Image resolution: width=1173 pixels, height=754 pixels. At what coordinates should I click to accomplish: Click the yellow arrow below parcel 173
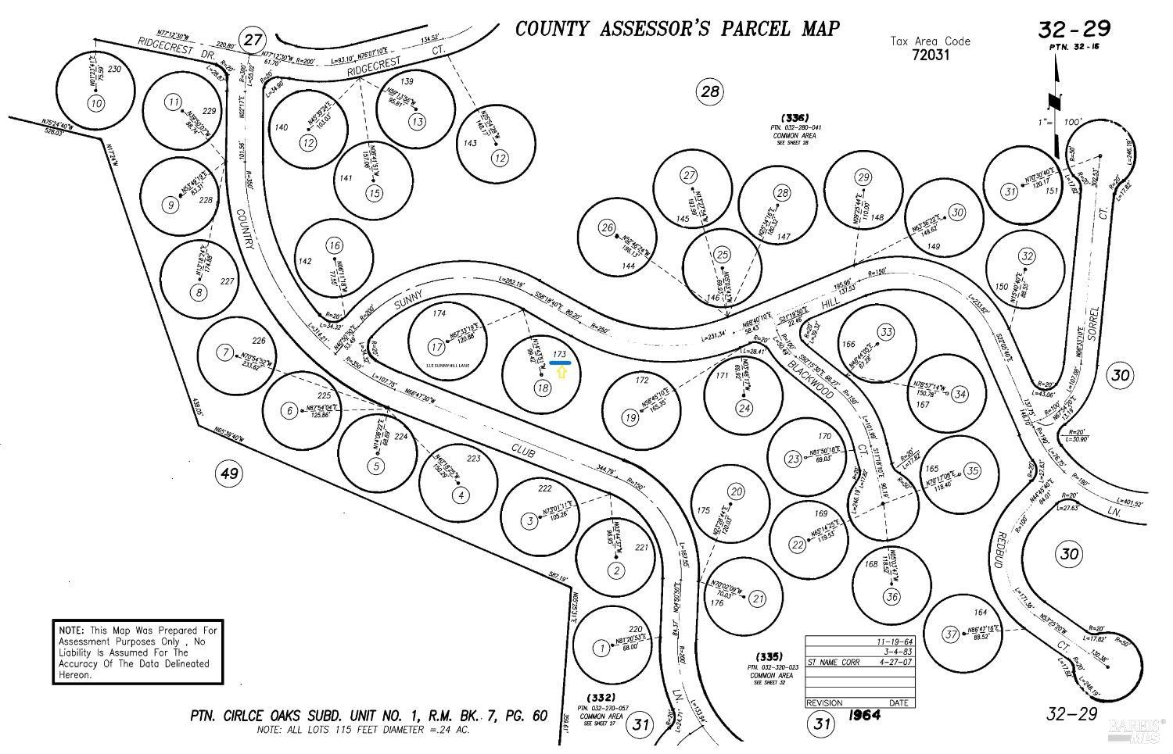pos(561,373)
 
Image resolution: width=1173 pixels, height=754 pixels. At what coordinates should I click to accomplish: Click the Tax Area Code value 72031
pos(930,55)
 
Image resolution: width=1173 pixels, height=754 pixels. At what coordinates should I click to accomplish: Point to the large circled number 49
pos(228,473)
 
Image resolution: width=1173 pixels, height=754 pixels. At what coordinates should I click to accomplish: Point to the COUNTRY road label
pos(244,230)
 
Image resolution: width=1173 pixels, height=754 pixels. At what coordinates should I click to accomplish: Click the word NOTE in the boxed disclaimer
pos(70,630)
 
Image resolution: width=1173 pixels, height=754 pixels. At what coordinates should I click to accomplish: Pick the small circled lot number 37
pos(950,634)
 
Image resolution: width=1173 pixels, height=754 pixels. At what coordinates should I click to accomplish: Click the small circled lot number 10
pos(95,103)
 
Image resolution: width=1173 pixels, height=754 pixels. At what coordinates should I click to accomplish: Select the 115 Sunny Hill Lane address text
pos(453,366)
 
